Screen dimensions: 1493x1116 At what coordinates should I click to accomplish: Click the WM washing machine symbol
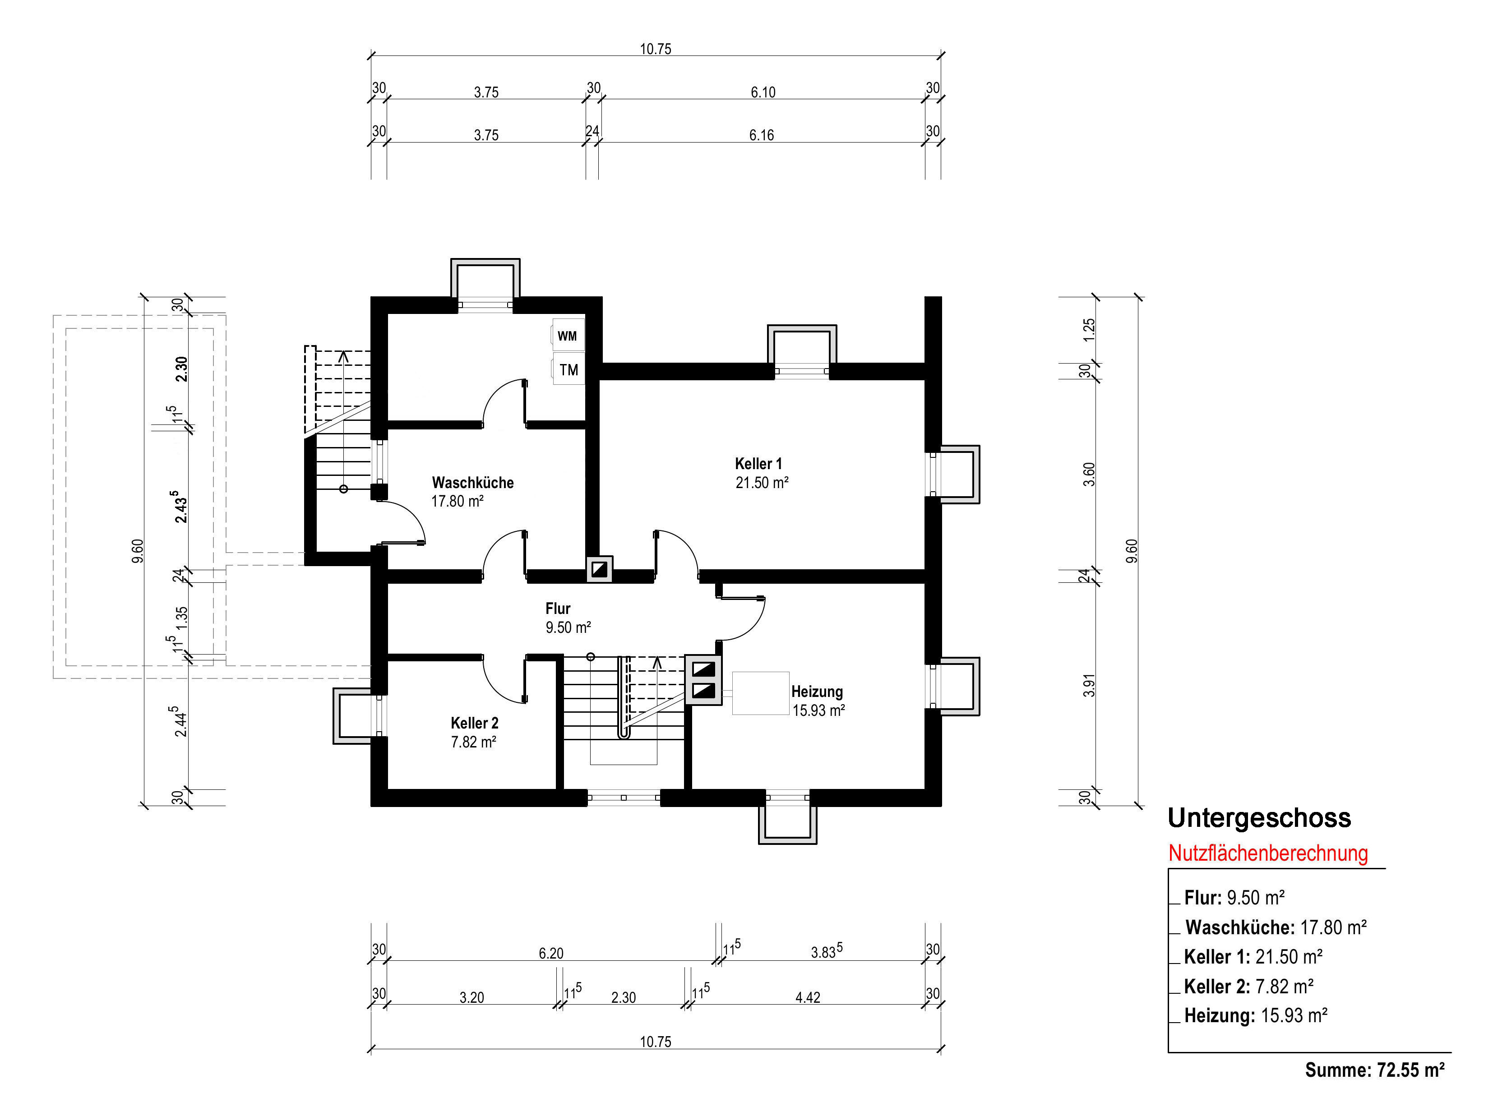pos(568,335)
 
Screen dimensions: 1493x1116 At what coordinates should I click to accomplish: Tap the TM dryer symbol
pos(569,369)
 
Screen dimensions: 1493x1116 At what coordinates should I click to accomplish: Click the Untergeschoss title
pos(1259,818)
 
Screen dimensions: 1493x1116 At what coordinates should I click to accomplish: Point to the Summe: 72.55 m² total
pos(1375,1070)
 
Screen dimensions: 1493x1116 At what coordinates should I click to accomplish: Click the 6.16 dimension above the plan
pos(761,135)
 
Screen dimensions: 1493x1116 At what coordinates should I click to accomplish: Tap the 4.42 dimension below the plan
pos(808,997)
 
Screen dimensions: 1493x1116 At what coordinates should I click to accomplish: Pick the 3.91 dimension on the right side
pos(1089,686)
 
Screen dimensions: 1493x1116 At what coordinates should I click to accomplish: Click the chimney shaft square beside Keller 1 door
pos(599,569)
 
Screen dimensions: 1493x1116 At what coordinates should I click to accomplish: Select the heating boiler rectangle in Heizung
pos(761,693)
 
